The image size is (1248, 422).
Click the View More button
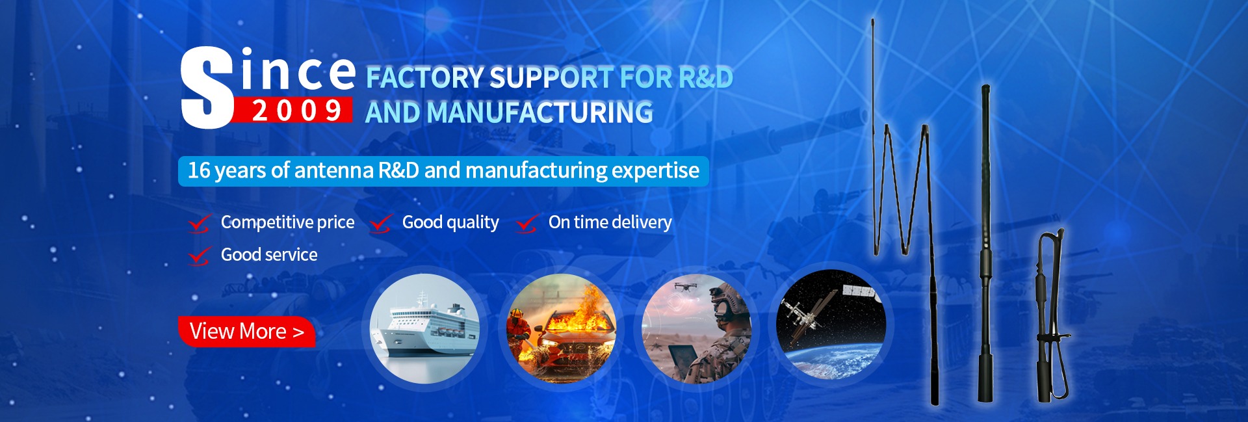pos(247,332)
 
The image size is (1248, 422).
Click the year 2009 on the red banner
pos(297,111)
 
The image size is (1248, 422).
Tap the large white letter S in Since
pos(207,88)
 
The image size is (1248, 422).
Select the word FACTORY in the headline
pos(424,77)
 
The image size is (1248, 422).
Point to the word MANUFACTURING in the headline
pos(540,112)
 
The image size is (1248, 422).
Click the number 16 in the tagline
pos(199,170)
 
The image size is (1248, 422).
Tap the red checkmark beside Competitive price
pos(200,223)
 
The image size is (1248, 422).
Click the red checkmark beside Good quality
pos(380,223)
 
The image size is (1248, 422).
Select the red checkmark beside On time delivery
pos(526,223)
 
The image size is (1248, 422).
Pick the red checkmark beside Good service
pos(200,256)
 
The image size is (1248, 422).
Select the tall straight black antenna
pos(985,243)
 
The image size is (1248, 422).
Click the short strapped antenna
pos(1050,315)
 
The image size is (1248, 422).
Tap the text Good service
pos(269,255)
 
